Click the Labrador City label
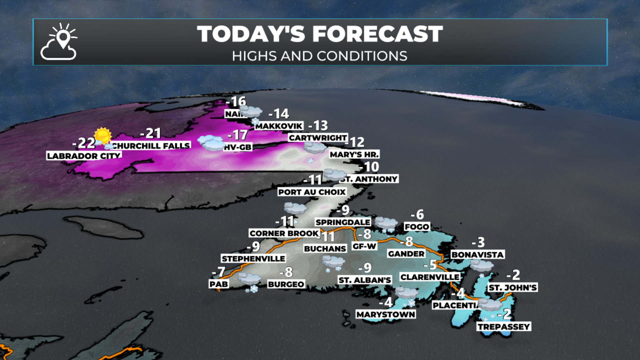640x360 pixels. (x=84, y=156)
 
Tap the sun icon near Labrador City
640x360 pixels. (x=102, y=136)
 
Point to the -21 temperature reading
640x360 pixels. (x=151, y=134)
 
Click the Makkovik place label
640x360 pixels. (x=279, y=126)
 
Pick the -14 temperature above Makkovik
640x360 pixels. (x=279, y=114)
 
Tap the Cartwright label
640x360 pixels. (x=318, y=138)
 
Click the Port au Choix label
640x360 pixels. (x=312, y=192)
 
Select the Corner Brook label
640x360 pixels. (x=284, y=233)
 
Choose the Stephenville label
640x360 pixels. (x=253, y=259)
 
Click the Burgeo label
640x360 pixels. (x=286, y=284)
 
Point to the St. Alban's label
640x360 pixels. (x=365, y=280)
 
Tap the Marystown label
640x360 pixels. (x=386, y=314)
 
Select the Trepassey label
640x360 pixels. (x=504, y=327)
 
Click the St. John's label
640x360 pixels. (x=513, y=287)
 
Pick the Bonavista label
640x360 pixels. (x=477, y=255)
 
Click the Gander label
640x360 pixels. (x=406, y=254)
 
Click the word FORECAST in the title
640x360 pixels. (x=377, y=34)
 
